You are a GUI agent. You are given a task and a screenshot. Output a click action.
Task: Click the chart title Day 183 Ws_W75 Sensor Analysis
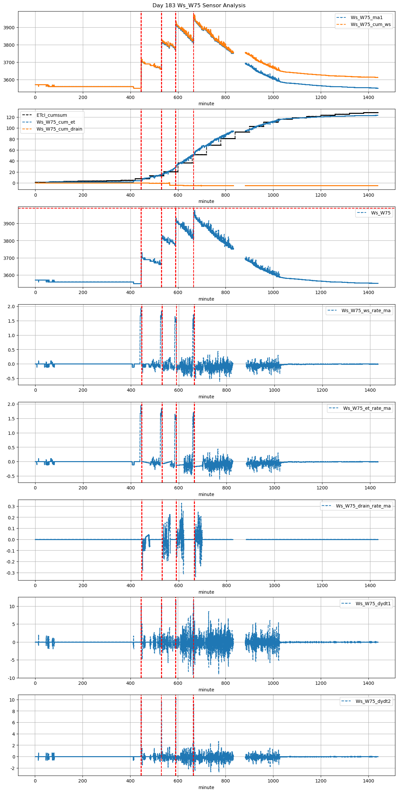[199, 6]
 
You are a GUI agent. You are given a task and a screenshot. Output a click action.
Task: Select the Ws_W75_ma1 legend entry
[366, 17]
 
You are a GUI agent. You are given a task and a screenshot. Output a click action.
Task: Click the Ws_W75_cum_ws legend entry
[370, 24]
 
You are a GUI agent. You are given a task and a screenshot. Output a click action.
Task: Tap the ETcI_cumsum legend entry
[52, 115]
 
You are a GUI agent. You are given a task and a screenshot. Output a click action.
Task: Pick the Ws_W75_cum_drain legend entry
[59, 129]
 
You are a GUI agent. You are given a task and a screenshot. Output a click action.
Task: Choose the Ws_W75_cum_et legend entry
[56, 122]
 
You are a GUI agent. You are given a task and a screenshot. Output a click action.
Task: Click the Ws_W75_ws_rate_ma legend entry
[366, 310]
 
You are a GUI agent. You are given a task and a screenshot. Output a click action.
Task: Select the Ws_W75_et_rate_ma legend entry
[367, 408]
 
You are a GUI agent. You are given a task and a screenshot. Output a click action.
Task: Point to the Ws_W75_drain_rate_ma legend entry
[363, 506]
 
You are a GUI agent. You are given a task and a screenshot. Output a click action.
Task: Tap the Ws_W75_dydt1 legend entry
[373, 604]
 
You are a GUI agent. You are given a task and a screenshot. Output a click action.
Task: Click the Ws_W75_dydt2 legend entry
[373, 701]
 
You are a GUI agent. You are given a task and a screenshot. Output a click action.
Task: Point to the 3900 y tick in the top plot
[9, 28]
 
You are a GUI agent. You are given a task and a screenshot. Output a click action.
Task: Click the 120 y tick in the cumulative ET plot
[11, 117]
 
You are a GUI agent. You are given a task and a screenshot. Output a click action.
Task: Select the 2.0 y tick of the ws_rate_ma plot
[11, 307]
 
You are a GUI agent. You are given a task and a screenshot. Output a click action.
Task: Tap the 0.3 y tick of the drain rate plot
[11, 506]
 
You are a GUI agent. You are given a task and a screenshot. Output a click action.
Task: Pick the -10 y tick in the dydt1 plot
[11, 678]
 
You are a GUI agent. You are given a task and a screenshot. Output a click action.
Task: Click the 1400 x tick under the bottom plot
[368, 781]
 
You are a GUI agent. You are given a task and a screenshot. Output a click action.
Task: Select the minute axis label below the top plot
[206, 104]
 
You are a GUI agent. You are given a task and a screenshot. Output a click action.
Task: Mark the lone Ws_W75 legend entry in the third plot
[381, 213]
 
